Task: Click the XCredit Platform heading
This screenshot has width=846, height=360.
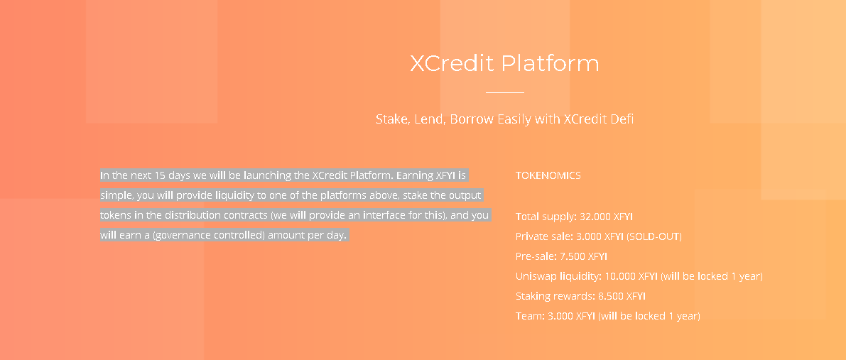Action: [x=504, y=64]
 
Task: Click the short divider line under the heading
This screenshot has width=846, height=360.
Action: [x=504, y=92]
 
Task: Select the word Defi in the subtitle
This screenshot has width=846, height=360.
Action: [x=624, y=119]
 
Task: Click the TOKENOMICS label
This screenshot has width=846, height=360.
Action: [x=548, y=175]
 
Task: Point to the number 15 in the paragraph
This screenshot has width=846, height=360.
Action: [x=160, y=175]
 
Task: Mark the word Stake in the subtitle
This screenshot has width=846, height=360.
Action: [x=389, y=119]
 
